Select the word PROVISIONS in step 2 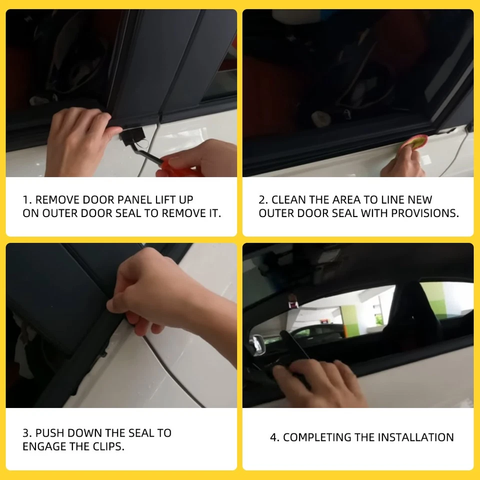tap(425, 213)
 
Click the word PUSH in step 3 tap(50, 433)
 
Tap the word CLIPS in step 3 tap(107, 446)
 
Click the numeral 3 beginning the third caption tap(25, 433)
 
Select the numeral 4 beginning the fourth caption tap(273, 437)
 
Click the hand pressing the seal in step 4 tap(320, 382)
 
